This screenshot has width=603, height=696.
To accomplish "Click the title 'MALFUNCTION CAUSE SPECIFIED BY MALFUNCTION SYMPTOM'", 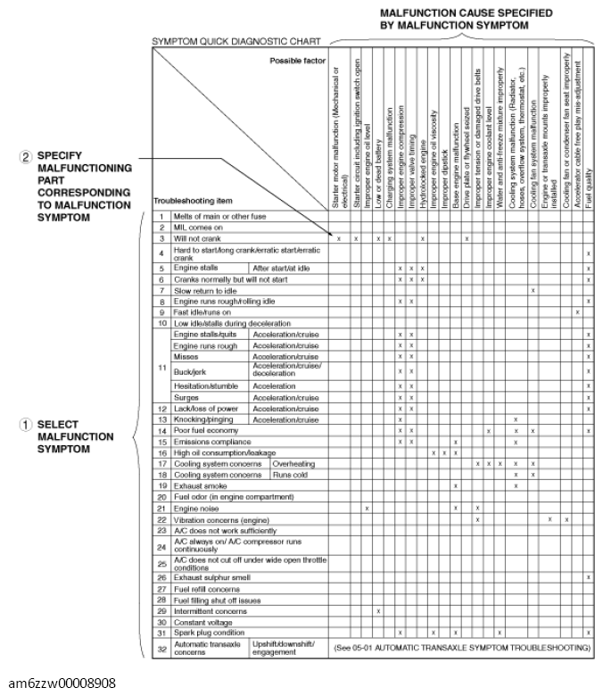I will [x=453, y=20].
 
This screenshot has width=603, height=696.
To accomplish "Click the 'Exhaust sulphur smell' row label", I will [x=211, y=577].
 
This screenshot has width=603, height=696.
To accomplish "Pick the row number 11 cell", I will [x=161, y=367].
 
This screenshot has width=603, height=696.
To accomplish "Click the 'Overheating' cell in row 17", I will [x=293, y=464].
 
